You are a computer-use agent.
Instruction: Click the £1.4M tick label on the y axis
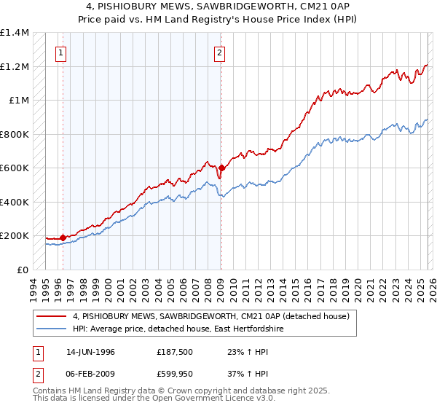tap(15, 33)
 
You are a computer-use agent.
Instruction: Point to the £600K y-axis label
tap(15, 168)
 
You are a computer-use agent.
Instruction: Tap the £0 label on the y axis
tap(22, 270)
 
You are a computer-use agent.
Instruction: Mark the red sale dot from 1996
tap(63, 238)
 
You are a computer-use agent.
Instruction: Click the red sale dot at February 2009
tap(221, 168)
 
